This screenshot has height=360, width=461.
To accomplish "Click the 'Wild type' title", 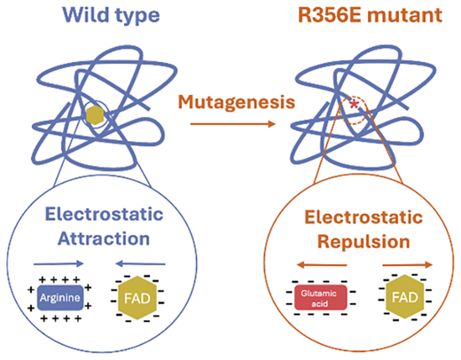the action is click(x=112, y=15).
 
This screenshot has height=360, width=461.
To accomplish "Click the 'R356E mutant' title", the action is click(x=370, y=15).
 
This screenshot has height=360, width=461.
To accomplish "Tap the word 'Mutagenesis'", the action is click(x=237, y=103).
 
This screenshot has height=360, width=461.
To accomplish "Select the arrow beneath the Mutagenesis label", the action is click(x=233, y=124).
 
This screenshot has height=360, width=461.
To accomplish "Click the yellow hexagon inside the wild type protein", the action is click(x=95, y=115).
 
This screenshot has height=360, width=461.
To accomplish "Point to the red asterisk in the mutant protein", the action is click(x=354, y=105).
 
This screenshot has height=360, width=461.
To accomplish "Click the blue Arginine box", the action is click(x=60, y=298).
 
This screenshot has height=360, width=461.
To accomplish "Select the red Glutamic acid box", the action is click(x=321, y=298).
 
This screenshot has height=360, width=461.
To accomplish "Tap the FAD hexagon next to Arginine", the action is click(x=137, y=298).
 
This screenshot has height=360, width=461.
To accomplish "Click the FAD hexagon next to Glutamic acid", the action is click(x=405, y=297).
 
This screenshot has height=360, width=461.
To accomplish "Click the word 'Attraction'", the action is click(x=104, y=239).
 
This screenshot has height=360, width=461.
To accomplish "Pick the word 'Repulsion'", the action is click(x=363, y=242).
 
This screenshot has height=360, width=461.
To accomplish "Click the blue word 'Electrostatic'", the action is click(x=104, y=214).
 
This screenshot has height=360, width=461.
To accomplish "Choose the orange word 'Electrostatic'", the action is click(x=363, y=217).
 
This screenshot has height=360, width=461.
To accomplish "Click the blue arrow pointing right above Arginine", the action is click(x=59, y=263).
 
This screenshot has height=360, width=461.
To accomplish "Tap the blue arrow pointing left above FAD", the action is click(x=140, y=263).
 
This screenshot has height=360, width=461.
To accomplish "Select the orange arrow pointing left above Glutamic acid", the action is click(x=322, y=264).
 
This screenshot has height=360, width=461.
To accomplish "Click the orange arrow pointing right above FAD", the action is click(x=408, y=264).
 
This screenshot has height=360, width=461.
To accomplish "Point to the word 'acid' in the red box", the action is click(x=319, y=303).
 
